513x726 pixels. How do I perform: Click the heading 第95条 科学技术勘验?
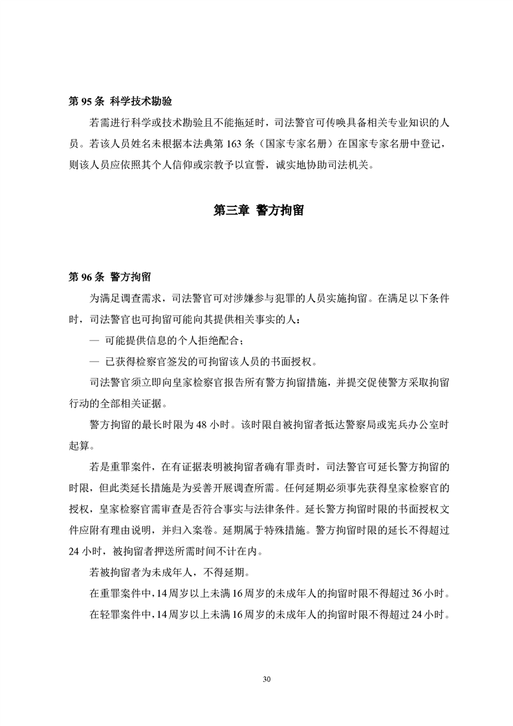tap(120, 102)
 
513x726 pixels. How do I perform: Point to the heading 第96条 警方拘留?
tap(110, 277)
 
